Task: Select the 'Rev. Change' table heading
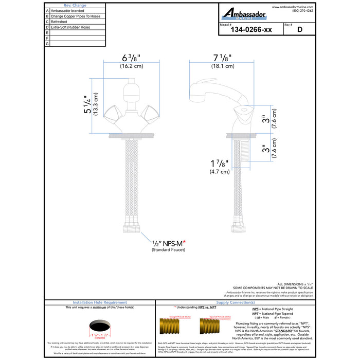[x=75, y=5]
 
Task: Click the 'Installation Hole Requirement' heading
[x=100, y=303]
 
